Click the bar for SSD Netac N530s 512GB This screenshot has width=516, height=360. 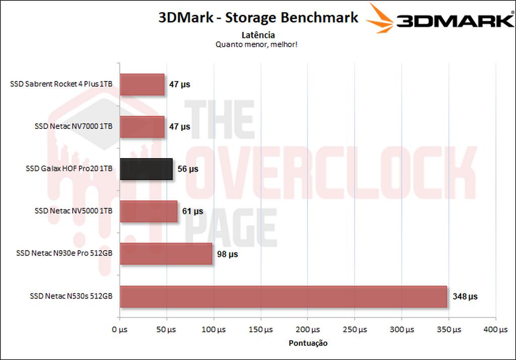pyautogui.click(x=283, y=297)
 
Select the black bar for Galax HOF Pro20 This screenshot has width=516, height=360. pyautogui.click(x=146, y=169)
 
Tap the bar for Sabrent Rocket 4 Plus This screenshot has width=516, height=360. pyautogui.click(x=142, y=85)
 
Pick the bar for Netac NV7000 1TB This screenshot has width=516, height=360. pyautogui.click(x=142, y=127)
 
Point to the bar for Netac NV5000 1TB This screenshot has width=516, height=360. pyautogui.click(x=149, y=211)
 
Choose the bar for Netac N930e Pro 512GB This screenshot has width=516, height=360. pyautogui.click(x=166, y=254)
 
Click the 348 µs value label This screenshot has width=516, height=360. pyautogui.click(x=465, y=297)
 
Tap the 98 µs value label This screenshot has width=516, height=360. pyautogui.click(x=227, y=254)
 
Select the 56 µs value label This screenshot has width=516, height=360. pyautogui.click(x=187, y=169)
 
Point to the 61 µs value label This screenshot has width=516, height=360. pyautogui.click(x=192, y=211)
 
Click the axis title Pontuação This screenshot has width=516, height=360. pyautogui.click(x=308, y=343)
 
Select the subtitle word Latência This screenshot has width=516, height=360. pyautogui.click(x=257, y=35)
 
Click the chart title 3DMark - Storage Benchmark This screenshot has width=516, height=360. pyautogui.click(x=258, y=18)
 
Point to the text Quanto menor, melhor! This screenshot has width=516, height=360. pyautogui.click(x=257, y=44)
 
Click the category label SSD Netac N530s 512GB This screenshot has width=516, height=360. pyautogui.click(x=64, y=297)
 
